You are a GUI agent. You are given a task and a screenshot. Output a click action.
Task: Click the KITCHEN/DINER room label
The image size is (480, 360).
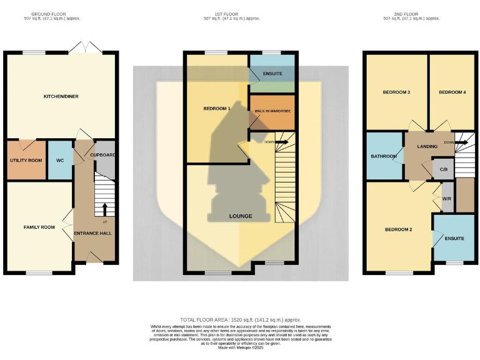point(61,96)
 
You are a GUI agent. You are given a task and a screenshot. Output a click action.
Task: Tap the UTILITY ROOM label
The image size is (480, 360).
point(26,161)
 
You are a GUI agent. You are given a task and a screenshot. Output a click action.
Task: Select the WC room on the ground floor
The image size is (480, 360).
point(60,161)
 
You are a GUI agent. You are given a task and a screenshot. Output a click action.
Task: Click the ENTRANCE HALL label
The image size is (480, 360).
point(93,233)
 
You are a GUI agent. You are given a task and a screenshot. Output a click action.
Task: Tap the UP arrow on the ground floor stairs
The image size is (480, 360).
point(104,209)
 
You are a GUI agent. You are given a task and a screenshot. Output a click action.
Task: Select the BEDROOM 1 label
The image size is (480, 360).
point(217,109)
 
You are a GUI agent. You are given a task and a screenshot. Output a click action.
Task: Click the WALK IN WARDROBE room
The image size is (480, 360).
point(272,111)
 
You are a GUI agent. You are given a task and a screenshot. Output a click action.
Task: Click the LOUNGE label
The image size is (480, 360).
point(241,216)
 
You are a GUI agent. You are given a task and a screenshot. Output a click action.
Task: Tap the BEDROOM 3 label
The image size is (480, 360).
point(396,92)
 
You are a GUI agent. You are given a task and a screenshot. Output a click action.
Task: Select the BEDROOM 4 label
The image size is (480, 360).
point(452,92)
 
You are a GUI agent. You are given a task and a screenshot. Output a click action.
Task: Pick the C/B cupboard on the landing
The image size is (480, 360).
point(444,169)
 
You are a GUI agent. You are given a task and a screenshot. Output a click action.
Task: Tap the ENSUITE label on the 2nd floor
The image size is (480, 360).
point(454,238)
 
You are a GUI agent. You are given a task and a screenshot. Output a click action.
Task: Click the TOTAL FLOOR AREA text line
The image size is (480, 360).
point(240,319)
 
